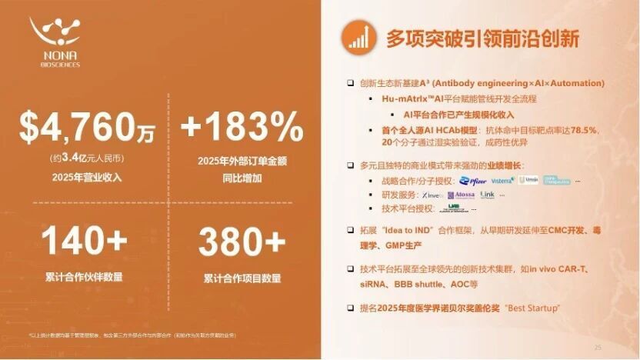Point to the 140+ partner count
coord(84,241)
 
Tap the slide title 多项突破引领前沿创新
coord(482,38)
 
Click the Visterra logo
coord(502,180)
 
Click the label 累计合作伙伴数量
coord(84,277)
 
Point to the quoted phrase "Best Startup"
coord(532,308)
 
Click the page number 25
coord(598,348)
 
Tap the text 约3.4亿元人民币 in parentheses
coord(84,159)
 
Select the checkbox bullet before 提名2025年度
coord(351,308)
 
